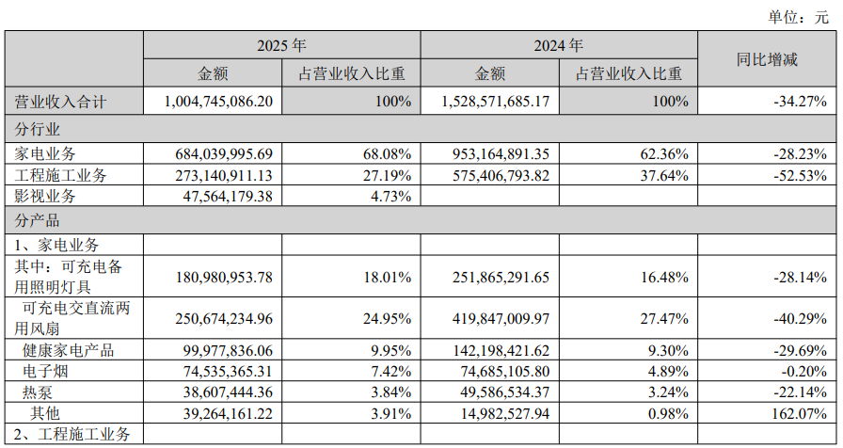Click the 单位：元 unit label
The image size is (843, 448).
coord(799,17)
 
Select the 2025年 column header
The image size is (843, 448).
coord(281,45)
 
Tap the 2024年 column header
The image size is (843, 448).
coord(558,45)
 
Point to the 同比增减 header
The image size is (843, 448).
coord(767,59)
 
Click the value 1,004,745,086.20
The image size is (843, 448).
coord(219,101)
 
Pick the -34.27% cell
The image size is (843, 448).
coord(800,101)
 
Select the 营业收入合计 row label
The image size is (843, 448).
coord(60,102)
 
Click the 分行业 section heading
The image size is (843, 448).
coord(37,129)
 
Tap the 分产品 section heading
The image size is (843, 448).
coord(37,220)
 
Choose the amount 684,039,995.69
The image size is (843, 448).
coord(224,154)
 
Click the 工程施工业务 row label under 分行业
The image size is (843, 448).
coord(60,175)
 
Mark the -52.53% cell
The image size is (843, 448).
coord(800,175)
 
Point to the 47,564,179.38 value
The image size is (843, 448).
coord(228,197)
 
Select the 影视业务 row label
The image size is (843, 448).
coord(45,197)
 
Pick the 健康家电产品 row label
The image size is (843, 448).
coord(69,351)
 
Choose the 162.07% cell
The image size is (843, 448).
coord(800,413)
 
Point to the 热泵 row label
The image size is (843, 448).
coord(37,392)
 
